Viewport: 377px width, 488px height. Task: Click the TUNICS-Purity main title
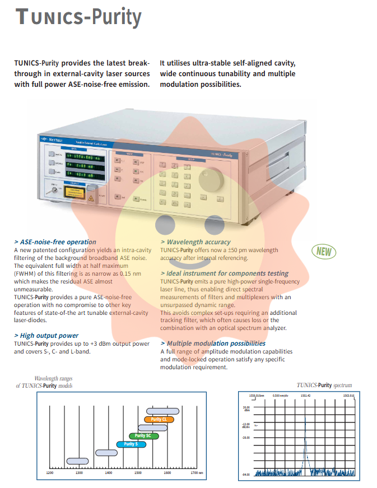point(78,17)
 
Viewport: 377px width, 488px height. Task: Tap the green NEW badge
point(324,252)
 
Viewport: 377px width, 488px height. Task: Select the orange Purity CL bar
point(159,419)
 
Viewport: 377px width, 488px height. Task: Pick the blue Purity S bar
point(131,444)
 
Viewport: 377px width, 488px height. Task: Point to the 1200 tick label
point(49,473)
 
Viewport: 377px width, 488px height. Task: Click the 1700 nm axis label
point(196,473)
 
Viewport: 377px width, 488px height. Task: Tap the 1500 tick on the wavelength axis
point(138,473)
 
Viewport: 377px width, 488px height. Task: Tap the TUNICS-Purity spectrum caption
point(324,385)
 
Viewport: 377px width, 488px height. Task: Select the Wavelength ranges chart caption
point(44,383)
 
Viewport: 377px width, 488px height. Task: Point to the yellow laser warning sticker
point(75,192)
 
